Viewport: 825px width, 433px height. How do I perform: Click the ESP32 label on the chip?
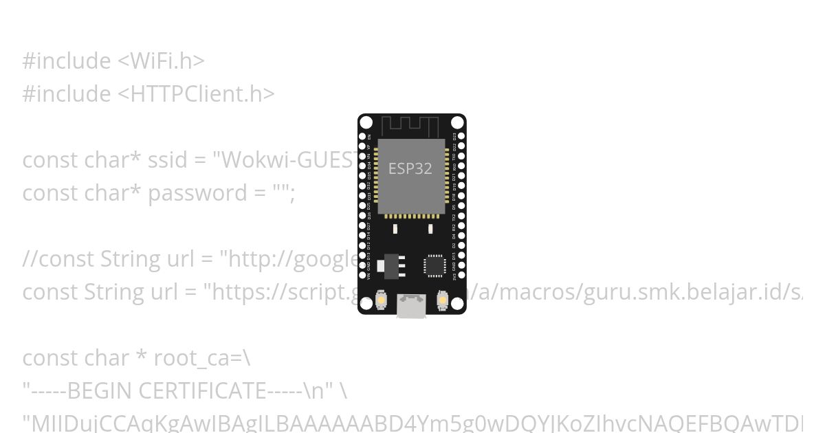[410, 168]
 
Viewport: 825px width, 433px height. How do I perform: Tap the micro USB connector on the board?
[411, 306]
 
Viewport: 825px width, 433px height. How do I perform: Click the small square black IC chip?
[434, 265]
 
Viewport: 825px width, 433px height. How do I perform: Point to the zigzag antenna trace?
[410, 125]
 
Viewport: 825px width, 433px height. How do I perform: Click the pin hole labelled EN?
[362, 137]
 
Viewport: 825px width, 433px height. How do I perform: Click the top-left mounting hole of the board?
[366, 123]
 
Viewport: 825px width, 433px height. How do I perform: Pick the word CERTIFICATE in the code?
[201, 391]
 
